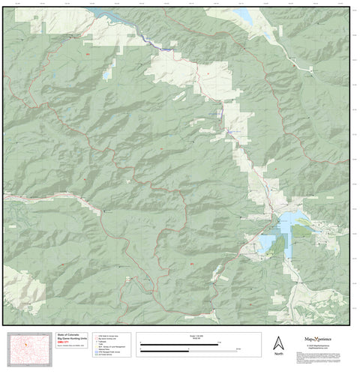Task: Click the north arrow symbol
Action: tap(278, 342)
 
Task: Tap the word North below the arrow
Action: tap(278, 353)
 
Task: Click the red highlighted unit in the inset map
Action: tap(26, 346)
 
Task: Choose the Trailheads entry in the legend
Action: tap(106, 343)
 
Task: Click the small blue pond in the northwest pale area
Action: tap(107, 74)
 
